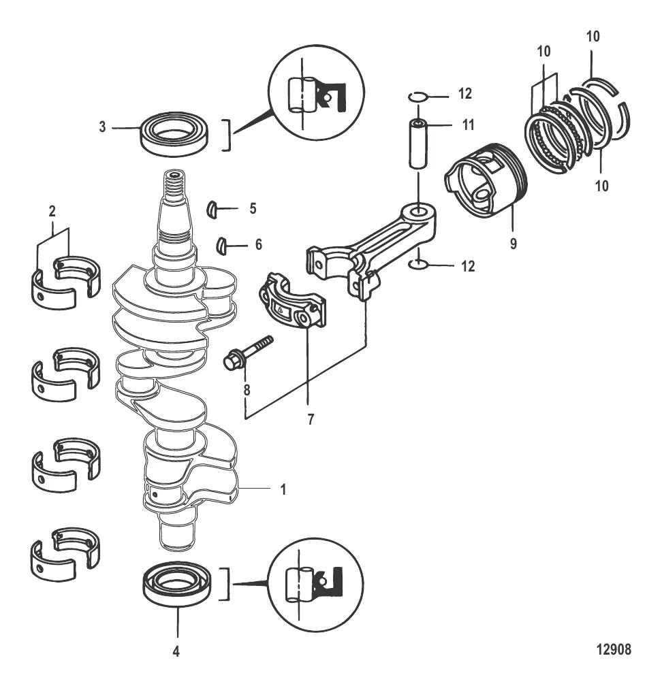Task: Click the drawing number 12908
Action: (613, 649)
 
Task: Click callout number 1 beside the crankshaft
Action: (283, 489)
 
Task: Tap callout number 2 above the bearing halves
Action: (52, 212)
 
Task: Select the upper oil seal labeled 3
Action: (174, 133)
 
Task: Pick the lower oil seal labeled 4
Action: (177, 585)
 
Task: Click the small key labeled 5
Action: (212, 208)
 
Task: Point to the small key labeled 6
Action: (223, 245)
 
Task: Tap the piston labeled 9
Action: (486, 181)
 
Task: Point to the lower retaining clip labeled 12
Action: (417, 265)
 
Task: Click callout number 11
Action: (469, 125)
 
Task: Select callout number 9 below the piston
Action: (513, 244)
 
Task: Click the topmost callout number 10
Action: (593, 37)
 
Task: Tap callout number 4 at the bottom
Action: (176, 651)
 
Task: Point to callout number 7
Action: (311, 420)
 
